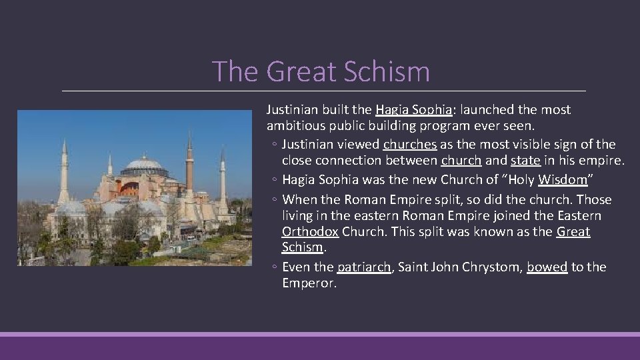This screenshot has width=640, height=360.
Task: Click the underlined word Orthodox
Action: (310, 231)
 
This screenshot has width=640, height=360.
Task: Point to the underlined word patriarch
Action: (365, 267)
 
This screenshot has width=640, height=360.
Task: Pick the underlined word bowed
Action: (547, 267)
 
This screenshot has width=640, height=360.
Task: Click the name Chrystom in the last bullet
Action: (493, 267)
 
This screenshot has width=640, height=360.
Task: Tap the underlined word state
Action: (525, 161)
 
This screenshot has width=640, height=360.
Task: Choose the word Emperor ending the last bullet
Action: (309, 283)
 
